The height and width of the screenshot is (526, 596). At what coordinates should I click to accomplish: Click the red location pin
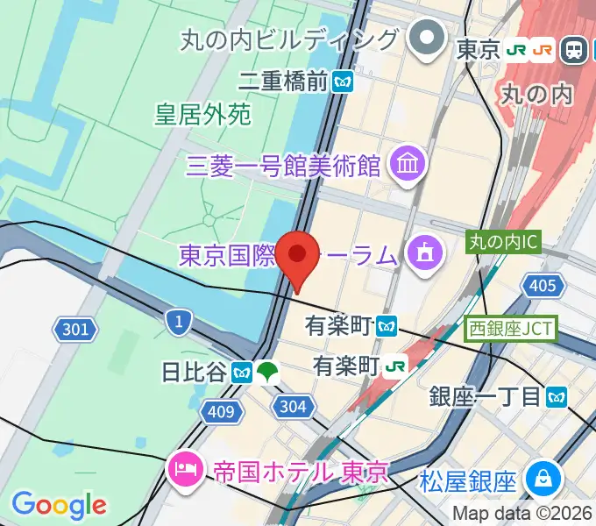[298, 256]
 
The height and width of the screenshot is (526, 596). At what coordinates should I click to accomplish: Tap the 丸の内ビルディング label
[290, 39]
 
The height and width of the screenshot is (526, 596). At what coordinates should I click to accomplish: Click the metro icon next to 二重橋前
[342, 82]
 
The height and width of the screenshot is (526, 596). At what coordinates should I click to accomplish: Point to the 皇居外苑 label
[203, 114]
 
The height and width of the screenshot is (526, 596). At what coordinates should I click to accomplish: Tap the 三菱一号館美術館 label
[283, 164]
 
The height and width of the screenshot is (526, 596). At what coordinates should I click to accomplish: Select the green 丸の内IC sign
[504, 240]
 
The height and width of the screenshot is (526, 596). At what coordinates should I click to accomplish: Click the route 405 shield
[543, 285]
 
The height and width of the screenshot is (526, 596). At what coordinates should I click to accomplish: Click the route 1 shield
[179, 322]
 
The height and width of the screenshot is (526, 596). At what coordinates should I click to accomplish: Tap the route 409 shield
[222, 410]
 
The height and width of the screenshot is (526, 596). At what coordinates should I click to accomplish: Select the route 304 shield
[292, 405]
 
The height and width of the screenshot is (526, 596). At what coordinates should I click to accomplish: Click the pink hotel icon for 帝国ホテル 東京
[187, 471]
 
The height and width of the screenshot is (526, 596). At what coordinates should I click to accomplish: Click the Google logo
[59, 505]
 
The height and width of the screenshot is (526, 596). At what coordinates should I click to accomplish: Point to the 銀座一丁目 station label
[486, 397]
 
